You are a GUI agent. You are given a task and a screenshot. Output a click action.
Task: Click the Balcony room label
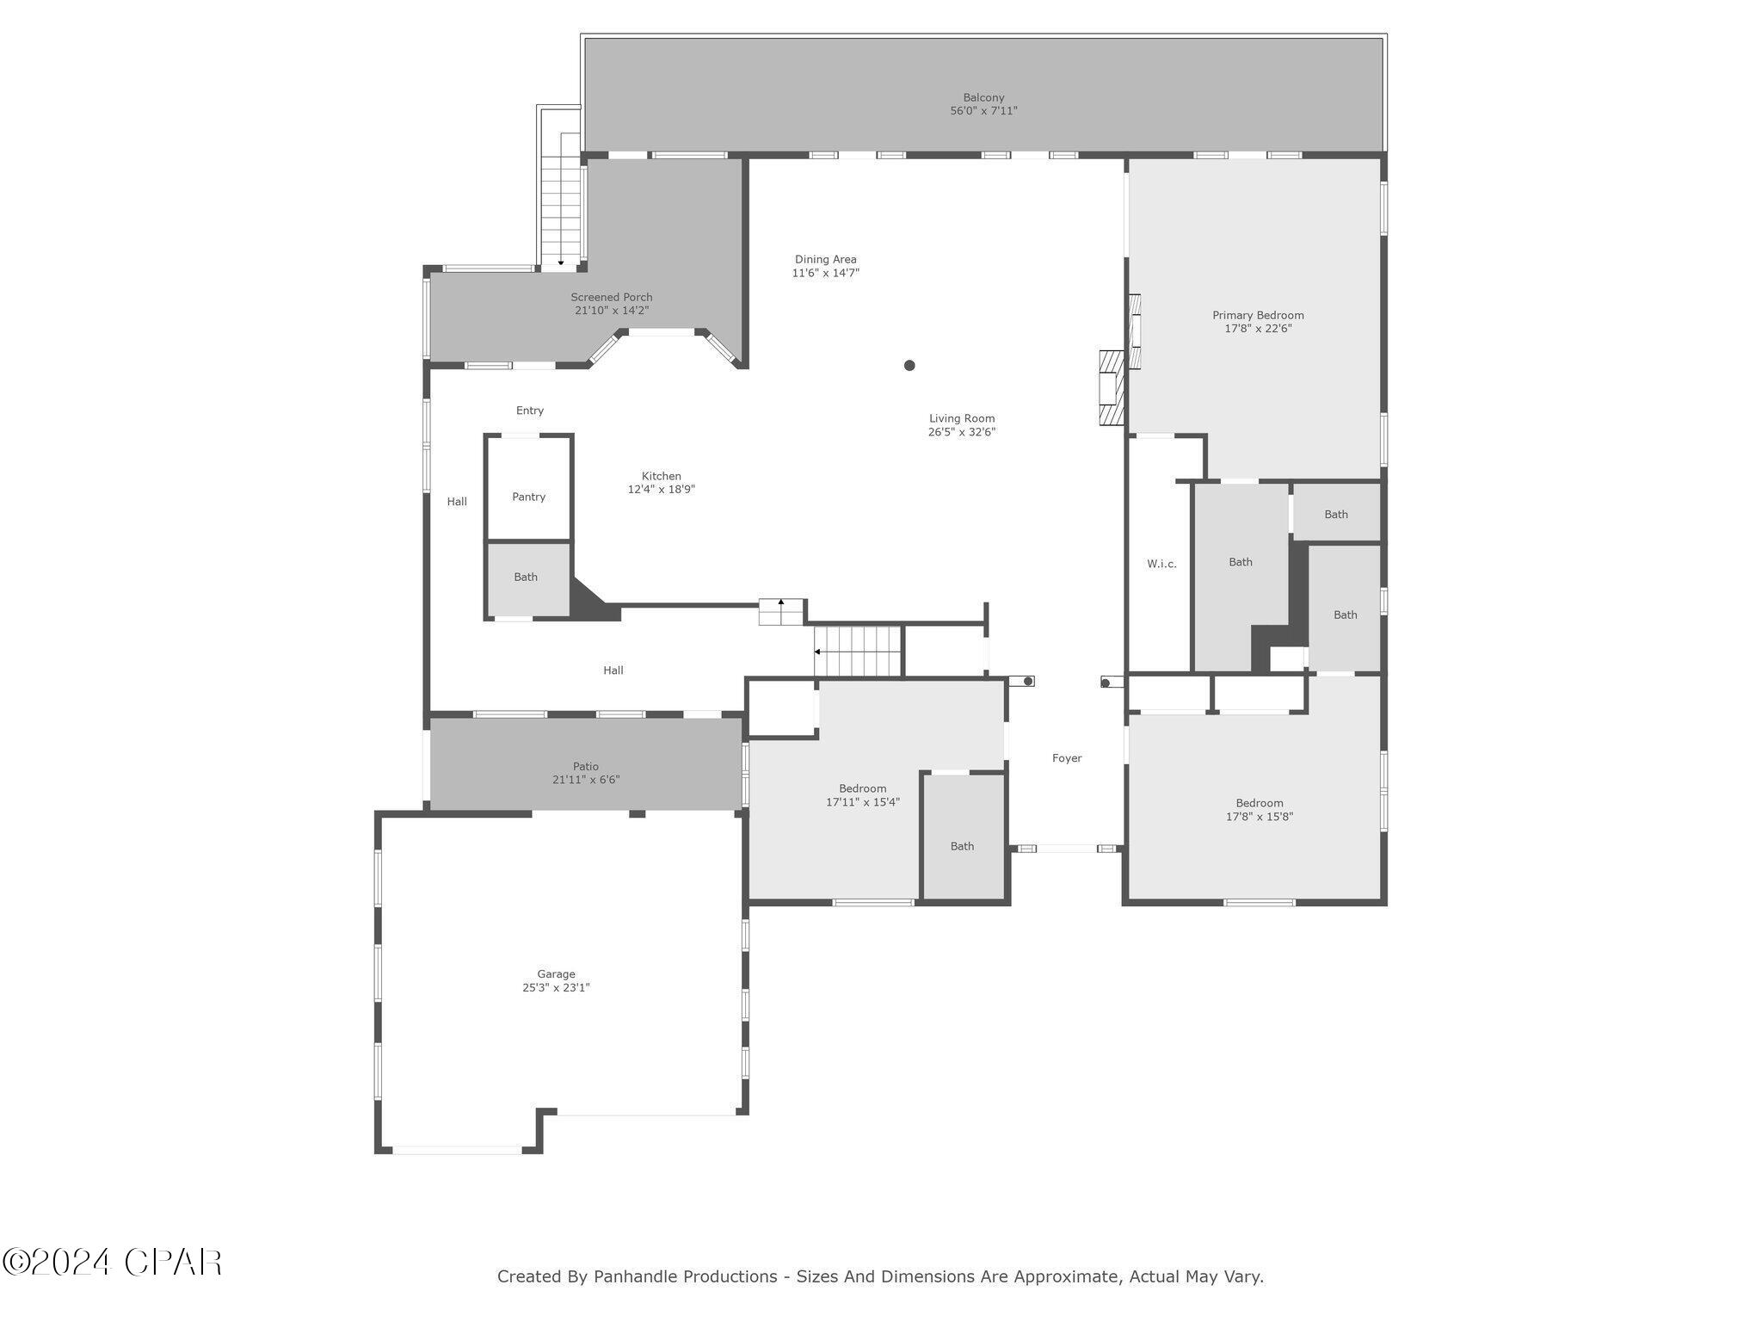tap(983, 98)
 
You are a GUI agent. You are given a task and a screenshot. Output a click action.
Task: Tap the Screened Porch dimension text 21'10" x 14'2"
tap(612, 311)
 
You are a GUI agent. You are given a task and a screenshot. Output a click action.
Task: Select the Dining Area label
tap(825, 259)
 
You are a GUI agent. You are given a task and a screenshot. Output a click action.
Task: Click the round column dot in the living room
tap(909, 365)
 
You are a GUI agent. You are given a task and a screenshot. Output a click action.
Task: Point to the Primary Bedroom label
tap(1258, 315)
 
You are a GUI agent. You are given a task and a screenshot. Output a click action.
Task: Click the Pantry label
tap(528, 497)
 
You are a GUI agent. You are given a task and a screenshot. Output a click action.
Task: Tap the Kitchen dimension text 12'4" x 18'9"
tap(661, 490)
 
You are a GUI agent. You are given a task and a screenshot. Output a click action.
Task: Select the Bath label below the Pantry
tap(526, 577)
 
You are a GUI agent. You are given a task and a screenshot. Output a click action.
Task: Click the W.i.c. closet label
tap(1161, 564)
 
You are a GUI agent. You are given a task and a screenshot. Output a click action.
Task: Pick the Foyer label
tap(1067, 758)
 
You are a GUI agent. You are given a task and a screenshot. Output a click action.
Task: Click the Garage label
tap(556, 974)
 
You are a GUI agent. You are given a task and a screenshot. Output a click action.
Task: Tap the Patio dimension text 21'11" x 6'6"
tap(586, 780)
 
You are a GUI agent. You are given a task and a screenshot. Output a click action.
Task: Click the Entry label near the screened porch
tap(530, 411)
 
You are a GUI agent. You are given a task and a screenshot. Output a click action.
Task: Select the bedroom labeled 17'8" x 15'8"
tap(1260, 810)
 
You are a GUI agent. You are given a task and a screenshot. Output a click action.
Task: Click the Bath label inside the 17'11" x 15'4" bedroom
tap(962, 846)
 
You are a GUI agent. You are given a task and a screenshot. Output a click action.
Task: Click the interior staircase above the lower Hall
tap(857, 652)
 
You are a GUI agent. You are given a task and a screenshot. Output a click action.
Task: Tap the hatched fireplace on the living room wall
tap(1112, 387)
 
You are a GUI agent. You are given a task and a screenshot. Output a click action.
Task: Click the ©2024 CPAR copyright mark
tap(112, 1263)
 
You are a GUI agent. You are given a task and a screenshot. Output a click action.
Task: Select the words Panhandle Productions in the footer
tap(685, 1276)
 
